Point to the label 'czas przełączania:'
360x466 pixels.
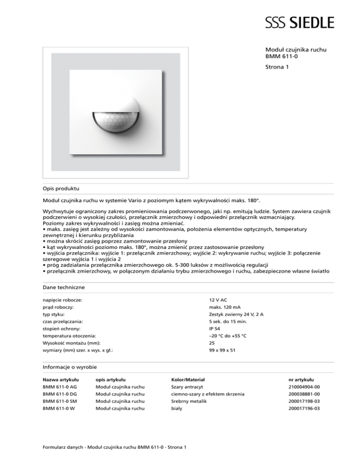(62, 322)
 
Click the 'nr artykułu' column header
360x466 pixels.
(301, 379)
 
